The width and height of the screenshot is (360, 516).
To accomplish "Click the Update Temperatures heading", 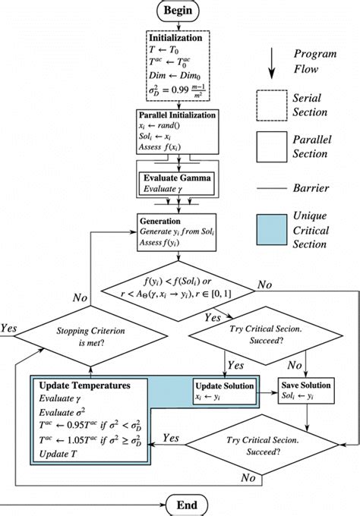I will tap(77, 386).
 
